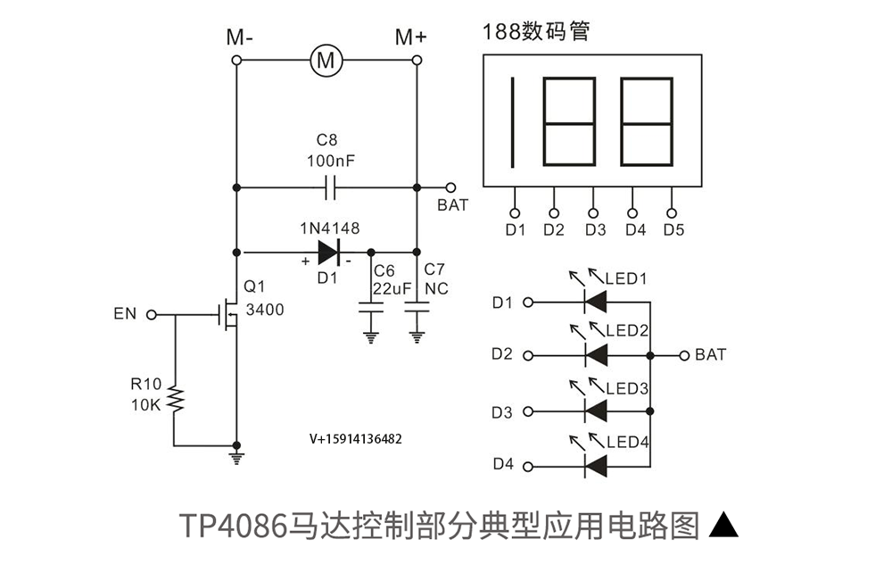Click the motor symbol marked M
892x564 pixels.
(326, 60)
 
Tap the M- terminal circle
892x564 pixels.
(236, 61)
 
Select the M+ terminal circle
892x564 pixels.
(417, 60)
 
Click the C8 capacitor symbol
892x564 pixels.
(330, 187)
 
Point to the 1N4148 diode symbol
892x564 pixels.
(329, 253)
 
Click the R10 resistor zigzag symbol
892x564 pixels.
(175, 399)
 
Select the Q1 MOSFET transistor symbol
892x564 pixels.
(228, 313)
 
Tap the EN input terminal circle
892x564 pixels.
(152, 314)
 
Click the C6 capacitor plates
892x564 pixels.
(371, 308)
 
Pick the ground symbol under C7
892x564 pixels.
(417, 337)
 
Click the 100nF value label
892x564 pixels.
(331, 161)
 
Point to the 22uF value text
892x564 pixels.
(392, 288)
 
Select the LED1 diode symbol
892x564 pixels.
(596, 302)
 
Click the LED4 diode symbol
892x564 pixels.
(596, 467)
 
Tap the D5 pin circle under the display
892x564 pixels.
(672, 213)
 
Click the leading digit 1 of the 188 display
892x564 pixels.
(513, 122)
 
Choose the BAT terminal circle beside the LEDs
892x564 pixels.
(684, 356)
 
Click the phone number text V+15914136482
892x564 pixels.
(356, 439)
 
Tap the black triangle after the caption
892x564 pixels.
(723, 525)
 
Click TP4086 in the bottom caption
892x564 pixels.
(235, 526)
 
